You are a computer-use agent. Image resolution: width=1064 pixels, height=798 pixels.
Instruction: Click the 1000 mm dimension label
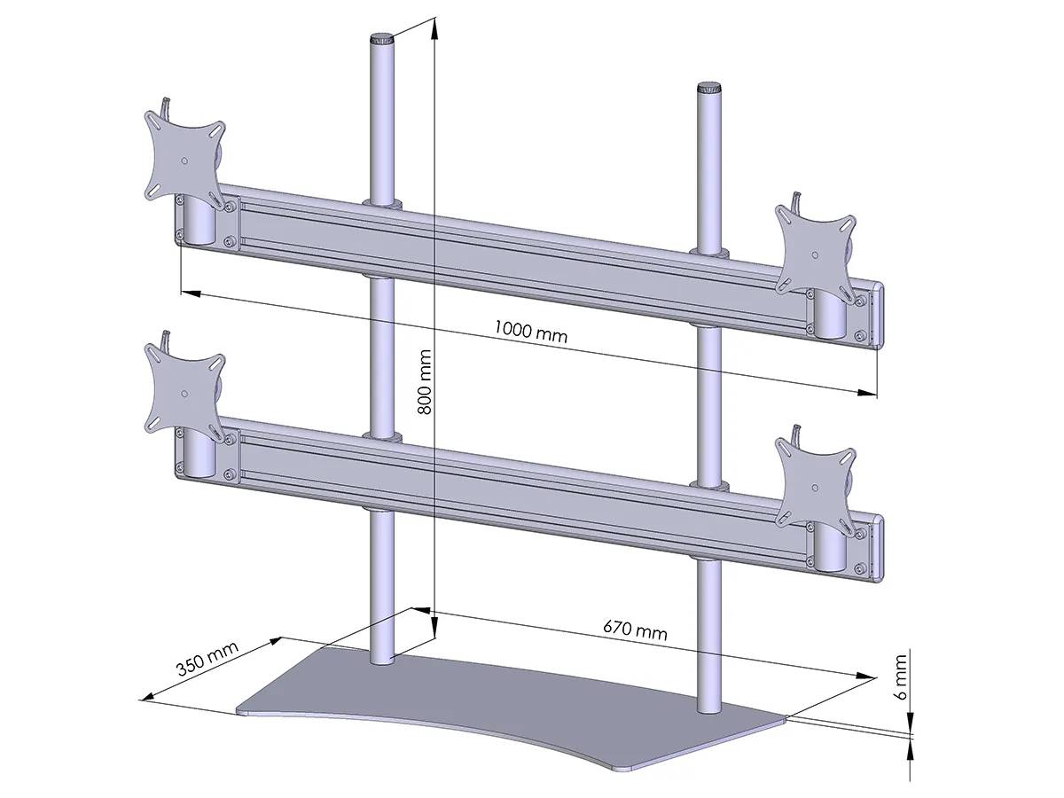coord(530,332)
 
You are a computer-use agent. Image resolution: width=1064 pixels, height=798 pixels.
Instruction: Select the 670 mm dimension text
coord(635,630)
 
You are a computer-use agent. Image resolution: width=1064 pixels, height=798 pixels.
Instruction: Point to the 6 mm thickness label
coord(901,678)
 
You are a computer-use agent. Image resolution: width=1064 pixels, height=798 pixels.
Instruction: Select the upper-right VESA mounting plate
coord(816,246)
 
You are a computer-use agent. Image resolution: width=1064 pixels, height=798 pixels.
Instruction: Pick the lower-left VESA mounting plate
coord(184,393)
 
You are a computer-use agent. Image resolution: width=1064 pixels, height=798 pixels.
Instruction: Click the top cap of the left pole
coord(382,40)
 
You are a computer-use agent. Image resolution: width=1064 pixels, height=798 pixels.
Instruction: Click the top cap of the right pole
coord(708,88)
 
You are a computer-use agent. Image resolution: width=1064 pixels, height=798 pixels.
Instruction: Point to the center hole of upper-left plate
coord(184,160)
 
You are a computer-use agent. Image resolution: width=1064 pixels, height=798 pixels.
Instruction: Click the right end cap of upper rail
coord(880,316)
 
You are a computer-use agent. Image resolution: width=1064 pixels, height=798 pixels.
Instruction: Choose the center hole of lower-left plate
coord(184,393)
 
